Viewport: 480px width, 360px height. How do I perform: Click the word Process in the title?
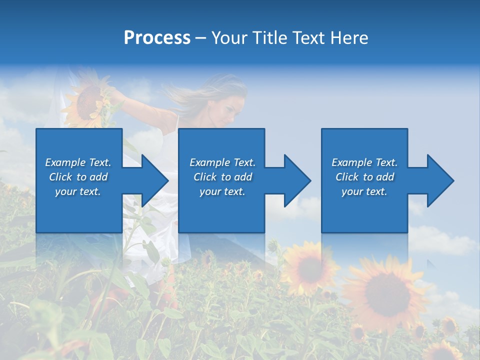157,37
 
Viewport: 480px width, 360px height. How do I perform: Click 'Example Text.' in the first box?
78,162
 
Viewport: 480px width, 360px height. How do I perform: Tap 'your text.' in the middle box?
222,191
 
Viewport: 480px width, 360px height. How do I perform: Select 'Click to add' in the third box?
364,176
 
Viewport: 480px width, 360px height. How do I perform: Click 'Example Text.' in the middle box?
222,162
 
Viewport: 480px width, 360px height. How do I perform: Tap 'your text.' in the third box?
364,191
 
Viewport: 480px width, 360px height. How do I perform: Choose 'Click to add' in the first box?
78,176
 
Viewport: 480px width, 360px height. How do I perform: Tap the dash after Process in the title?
200,38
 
